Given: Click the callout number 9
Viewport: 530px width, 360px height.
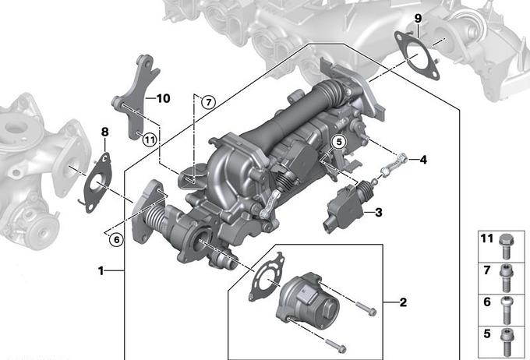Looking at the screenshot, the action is pos(418,18).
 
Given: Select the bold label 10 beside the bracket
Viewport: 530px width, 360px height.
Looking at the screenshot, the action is pos(163,98).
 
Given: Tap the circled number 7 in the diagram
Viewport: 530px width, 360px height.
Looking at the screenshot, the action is pos(208,102).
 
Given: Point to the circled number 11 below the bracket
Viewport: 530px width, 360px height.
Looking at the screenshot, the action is pos(150,139).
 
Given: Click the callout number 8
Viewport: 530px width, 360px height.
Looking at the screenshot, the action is pos(105,132).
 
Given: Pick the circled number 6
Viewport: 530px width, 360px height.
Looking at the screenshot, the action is pos(117,240).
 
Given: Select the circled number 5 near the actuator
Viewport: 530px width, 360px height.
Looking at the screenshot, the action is pos(339,143).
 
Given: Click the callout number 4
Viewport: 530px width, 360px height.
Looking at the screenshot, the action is pos(423,160).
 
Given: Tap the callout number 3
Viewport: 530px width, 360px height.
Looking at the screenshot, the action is pos(379,212).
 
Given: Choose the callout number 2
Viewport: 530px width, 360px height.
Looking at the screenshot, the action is pos(403,302).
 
